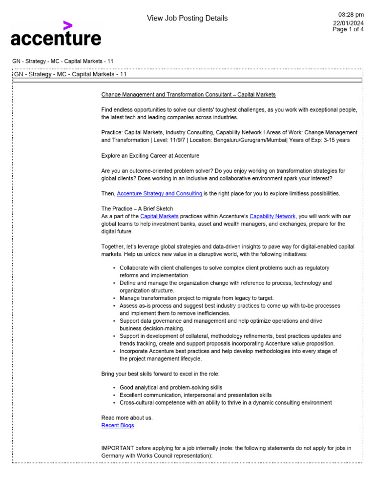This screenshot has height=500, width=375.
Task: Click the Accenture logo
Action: point(56,38)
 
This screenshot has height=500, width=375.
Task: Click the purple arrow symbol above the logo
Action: point(68,25)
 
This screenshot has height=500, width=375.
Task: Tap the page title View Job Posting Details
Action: point(187,19)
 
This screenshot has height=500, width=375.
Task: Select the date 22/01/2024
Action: point(348,22)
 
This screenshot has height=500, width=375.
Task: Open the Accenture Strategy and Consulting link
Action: point(160,193)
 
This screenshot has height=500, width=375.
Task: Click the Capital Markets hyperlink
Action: point(159,216)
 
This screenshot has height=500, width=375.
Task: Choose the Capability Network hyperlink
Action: point(272,216)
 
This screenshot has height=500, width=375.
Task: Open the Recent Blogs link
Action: point(118,425)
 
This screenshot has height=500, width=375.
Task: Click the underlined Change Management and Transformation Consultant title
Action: point(188,94)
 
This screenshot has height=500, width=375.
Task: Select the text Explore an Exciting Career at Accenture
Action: point(150,155)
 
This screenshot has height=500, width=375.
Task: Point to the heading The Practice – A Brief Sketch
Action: point(137,208)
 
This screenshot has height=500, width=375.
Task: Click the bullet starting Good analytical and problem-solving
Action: point(171,387)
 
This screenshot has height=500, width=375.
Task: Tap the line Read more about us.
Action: point(127,417)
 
